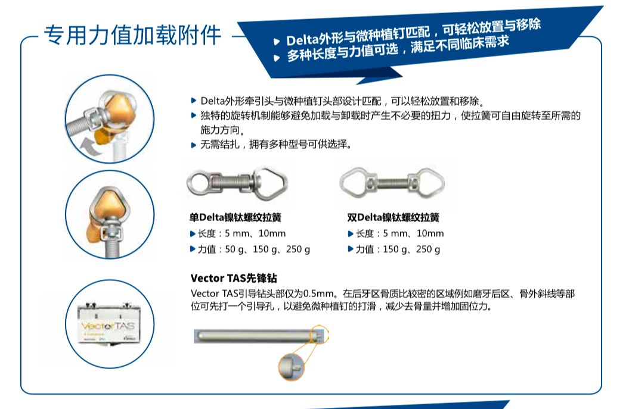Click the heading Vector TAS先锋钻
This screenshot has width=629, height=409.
coord(234,278)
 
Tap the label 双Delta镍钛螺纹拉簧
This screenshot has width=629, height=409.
coord(393,217)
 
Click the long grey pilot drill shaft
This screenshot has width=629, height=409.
coord(256,336)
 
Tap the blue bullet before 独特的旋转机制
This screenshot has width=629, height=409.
coord(194,115)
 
